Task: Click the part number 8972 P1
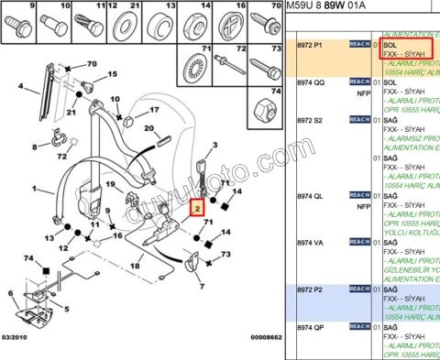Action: pyautogui.click(x=312, y=44)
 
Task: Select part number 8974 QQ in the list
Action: pyautogui.click(x=312, y=81)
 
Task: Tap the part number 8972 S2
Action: pyautogui.click(x=312, y=119)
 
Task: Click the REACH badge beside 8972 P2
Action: pyautogui.click(x=358, y=288)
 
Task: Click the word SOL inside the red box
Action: pyautogui.click(x=390, y=44)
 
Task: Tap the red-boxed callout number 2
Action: pyautogui.click(x=195, y=210)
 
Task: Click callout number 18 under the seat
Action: pyautogui.click(x=136, y=266)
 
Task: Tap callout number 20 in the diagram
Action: pyautogui.click(x=148, y=131)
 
